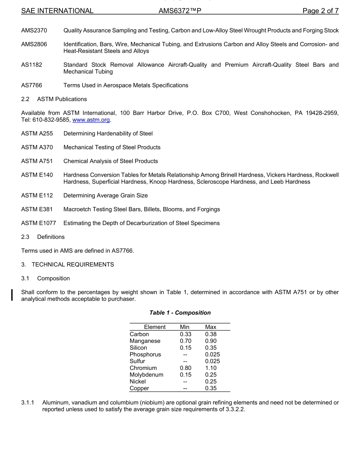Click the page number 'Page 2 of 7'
tap(320, 11)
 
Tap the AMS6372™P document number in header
tap(180, 11)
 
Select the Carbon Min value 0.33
tap(186, 334)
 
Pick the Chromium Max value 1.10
tap(211, 368)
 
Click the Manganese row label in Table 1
tap(145, 341)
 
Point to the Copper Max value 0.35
tap(211, 388)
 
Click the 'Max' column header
tap(211, 327)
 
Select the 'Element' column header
tap(155, 327)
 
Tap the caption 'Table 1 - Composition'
tap(180, 313)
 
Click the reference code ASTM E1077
tap(38, 223)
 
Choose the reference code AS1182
tap(31, 65)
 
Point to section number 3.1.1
tap(28, 403)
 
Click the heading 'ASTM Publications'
tap(62, 99)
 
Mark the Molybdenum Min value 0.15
tap(186, 375)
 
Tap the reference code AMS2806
tap(34, 44)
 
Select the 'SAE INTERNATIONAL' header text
tap(57, 11)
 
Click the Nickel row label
tap(138, 382)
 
